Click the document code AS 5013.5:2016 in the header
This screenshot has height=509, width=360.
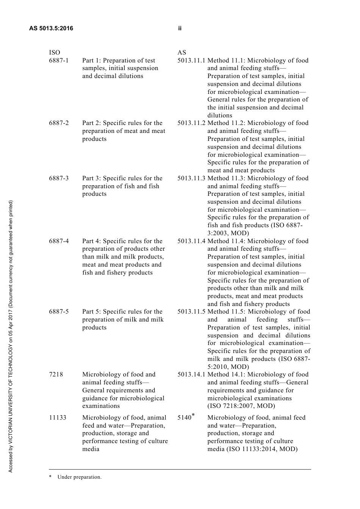coord(51,28)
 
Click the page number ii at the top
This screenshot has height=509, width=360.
coord(180,28)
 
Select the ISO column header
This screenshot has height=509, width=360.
coord(55,52)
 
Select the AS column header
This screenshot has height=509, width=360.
coord(182,52)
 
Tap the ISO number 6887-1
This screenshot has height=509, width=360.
coord(59,61)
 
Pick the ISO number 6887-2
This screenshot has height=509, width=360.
coord(59,123)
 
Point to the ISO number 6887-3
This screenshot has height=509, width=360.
coord(59,178)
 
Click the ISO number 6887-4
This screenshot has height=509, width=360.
coord(59,241)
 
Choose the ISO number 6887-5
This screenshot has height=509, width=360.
coord(59,312)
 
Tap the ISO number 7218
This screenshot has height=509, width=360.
coord(56,375)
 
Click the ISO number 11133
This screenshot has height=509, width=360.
coord(58,418)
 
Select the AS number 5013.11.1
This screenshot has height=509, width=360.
coord(191,61)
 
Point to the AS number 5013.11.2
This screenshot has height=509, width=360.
coord(191,123)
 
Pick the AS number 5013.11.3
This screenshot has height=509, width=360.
coord(191,178)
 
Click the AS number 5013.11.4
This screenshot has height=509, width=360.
coord(191,241)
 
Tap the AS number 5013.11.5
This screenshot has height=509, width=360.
coord(191,312)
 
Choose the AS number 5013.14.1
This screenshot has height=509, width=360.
coord(191,375)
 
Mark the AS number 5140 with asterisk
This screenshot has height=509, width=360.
coord(186,417)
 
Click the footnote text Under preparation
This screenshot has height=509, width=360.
coord(79,477)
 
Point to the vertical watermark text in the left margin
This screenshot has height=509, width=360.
coord(11,336)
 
